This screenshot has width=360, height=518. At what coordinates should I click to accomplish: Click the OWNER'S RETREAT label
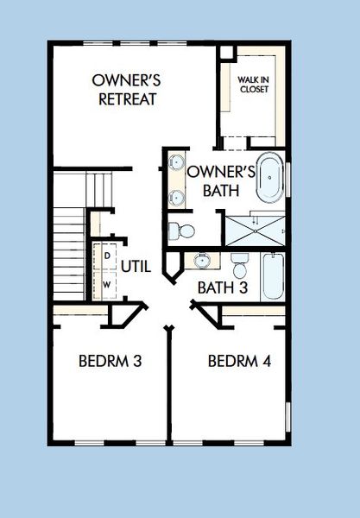coord(127,89)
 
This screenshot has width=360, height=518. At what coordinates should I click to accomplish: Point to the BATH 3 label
coord(223,286)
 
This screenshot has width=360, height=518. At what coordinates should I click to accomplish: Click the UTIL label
coord(136,267)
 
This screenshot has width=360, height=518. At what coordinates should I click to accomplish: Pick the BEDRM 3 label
coord(110,360)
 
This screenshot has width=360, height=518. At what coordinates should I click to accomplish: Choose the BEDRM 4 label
coord(239,360)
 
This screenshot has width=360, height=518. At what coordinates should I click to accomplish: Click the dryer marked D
coord(107,256)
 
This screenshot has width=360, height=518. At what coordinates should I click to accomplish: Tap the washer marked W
coord(107,283)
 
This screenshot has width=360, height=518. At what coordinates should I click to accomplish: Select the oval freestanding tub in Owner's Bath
coord(268,178)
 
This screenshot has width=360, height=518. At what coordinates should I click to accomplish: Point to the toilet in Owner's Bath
coord(181,231)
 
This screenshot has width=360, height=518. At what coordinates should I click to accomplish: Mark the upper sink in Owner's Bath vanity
coord(176,162)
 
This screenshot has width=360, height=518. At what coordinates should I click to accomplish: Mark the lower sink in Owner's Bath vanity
coord(176,197)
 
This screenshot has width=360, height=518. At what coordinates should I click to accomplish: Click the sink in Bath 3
coord(201,260)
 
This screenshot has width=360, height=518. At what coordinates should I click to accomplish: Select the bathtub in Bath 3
coord(272,275)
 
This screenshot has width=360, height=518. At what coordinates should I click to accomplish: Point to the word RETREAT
coord(127,98)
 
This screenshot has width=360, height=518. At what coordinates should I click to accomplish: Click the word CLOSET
coord(254,92)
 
